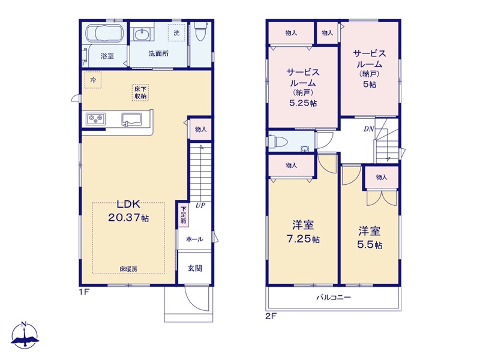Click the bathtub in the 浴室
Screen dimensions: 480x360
click(x=104, y=33)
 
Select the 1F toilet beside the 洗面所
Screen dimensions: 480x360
click(x=200, y=32)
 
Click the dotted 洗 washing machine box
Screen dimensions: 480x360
click(x=176, y=32)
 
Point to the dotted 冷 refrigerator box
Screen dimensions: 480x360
click(x=93, y=80)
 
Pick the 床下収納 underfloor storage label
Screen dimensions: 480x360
click(x=140, y=93)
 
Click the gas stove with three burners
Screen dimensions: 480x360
click(x=96, y=118)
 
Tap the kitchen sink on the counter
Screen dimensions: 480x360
click(x=131, y=119)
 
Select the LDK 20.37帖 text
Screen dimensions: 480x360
click(x=128, y=211)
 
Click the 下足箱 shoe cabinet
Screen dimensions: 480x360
click(x=183, y=215)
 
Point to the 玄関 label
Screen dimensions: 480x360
click(x=194, y=268)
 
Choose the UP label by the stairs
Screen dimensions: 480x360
click(x=200, y=205)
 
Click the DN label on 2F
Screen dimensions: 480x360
click(x=369, y=129)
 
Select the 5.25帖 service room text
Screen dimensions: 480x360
click(x=303, y=103)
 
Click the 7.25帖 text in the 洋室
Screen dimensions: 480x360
click(x=303, y=239)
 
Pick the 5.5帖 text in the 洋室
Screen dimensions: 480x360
click(x=370, y=245)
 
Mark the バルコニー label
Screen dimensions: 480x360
click(x=334, y=297)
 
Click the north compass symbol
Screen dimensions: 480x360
click(x=25, y=335)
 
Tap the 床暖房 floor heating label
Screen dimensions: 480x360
click(x=128, y=269)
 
